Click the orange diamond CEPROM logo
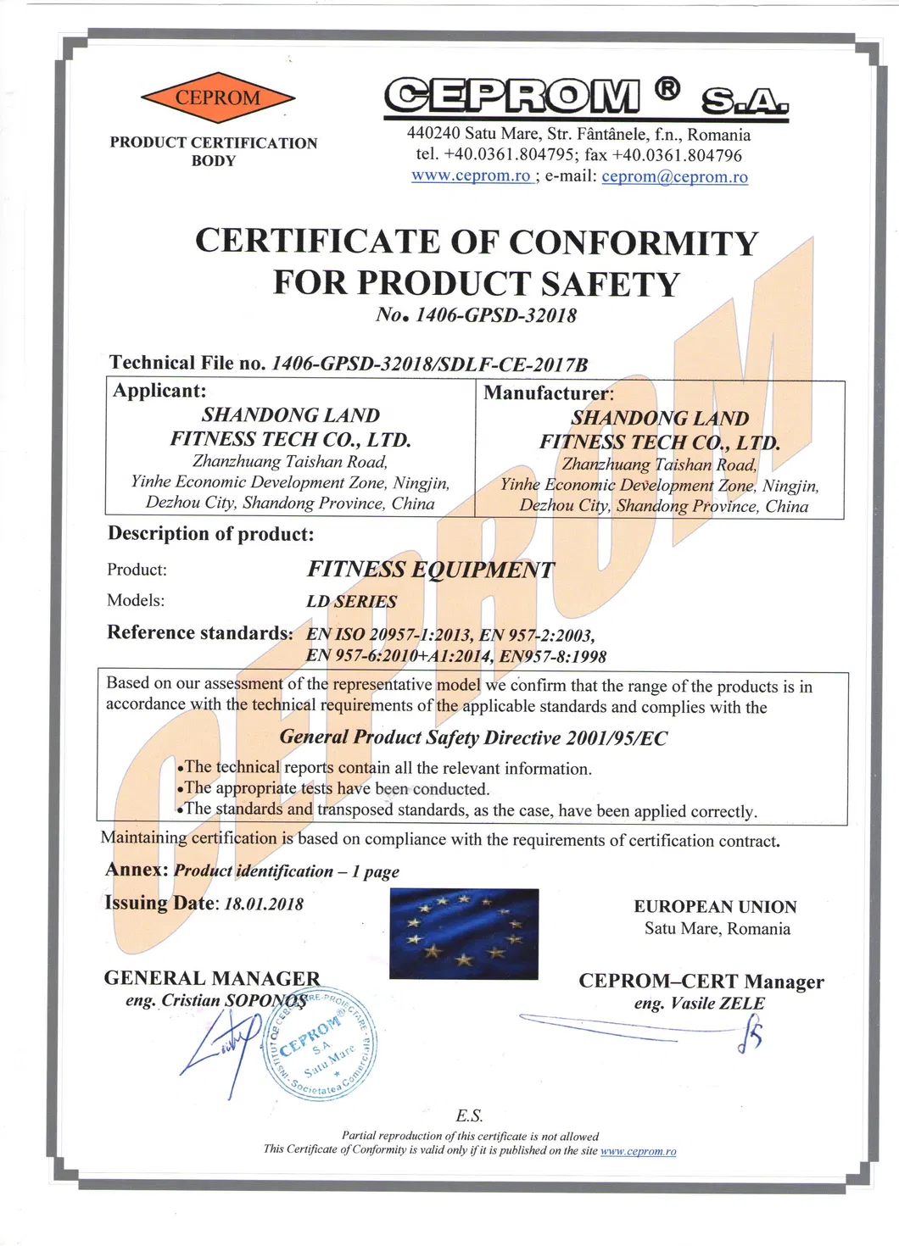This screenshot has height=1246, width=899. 218,98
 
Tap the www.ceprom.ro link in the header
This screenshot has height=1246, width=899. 471,176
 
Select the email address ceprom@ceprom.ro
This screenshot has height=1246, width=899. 674,177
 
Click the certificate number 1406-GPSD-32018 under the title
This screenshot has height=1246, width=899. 496,315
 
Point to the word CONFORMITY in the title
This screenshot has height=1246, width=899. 633,242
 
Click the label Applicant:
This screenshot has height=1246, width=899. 159,391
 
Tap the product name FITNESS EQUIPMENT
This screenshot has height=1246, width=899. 431,570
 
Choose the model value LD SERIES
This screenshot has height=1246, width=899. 351,602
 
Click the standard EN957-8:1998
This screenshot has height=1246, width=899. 552,656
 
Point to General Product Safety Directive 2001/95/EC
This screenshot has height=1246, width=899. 473,737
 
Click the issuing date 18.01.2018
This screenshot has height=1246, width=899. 264,904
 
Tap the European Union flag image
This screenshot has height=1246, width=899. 464,933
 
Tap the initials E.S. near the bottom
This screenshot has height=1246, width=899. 469,1115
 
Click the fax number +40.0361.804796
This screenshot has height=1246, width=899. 677,155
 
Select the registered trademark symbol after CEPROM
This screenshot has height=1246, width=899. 667,88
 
